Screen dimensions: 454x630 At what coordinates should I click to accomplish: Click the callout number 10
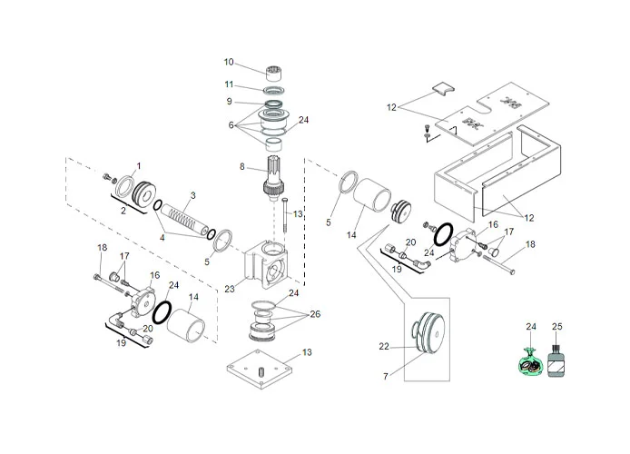230,62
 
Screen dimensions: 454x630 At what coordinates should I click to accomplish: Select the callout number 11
230,84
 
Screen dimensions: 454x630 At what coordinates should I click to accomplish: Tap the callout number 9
230,101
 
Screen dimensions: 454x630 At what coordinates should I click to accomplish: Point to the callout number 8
242,167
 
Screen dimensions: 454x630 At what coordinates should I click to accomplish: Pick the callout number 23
230,288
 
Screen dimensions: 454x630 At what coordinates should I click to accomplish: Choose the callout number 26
315,315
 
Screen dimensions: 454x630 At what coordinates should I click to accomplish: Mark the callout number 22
384,346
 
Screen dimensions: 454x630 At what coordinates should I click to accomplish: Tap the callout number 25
557,326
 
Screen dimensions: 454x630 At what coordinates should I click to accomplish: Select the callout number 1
138,165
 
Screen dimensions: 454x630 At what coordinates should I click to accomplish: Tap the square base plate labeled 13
261,373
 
